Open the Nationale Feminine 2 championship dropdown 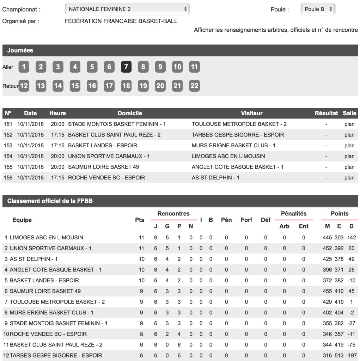point(127,9)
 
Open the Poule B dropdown point(318,9)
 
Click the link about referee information point(276,30)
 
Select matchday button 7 point(126,67)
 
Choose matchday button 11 point(194,67)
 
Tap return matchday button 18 point(126,86)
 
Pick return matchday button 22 point(194,86)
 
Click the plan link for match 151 point(349,124)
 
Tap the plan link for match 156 point(349,178)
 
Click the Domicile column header point(130,113)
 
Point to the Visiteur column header point(251,113)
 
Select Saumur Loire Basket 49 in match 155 point(103,167)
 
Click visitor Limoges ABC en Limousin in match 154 point(228,156)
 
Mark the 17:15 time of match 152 point(57,135)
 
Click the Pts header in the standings point(140,220)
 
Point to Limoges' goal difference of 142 point(351,238)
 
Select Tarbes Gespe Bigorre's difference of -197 point(351,355)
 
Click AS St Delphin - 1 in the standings point(34,259)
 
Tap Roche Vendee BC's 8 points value point(141,334)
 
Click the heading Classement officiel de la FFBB point(50,201)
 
